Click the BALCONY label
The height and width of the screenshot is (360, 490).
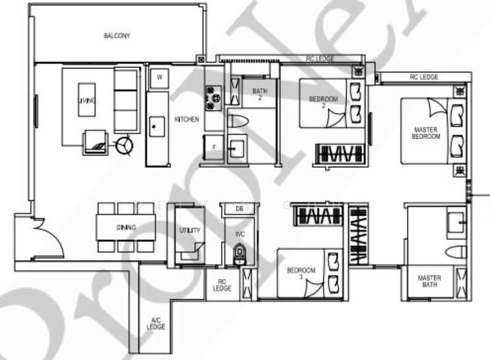[x=116, y=36]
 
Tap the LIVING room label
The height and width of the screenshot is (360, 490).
[x=86, y=101]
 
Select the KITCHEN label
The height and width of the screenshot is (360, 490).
[x=186, y=119]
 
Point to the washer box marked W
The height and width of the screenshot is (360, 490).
[x=159, y=77]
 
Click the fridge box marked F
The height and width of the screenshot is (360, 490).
[x=214, y=148]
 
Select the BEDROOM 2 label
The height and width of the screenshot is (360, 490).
[x=323, y=102]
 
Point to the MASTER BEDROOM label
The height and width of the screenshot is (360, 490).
[x=426, y=133]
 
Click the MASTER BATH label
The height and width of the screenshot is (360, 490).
[x=429, y=282]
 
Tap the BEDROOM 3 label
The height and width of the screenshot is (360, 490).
[x=301, y=274]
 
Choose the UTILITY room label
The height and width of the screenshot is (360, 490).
[x=186, y=230]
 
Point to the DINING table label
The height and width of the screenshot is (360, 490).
[x=126, y=228]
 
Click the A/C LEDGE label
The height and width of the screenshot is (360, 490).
[x=156, y=323]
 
